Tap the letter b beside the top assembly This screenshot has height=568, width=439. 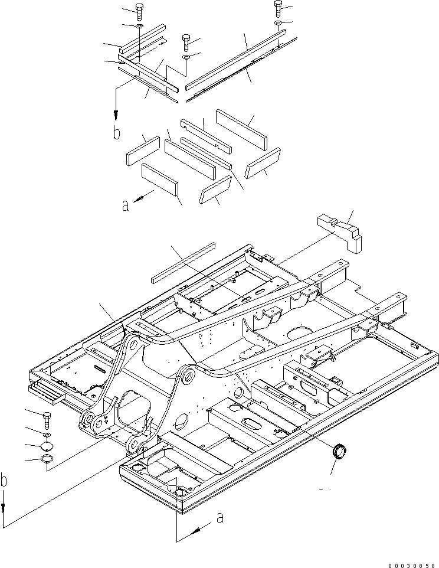pos(117,132)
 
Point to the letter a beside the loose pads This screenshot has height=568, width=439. pos(125,205)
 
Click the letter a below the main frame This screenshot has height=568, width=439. pos(219,518)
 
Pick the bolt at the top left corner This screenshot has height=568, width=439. pos(139,12)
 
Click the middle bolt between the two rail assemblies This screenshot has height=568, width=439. pos(186,42)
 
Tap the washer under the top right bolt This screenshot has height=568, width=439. pos(278,22)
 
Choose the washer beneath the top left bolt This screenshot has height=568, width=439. pos(139,27)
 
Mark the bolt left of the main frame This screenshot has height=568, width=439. pos(47,420)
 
